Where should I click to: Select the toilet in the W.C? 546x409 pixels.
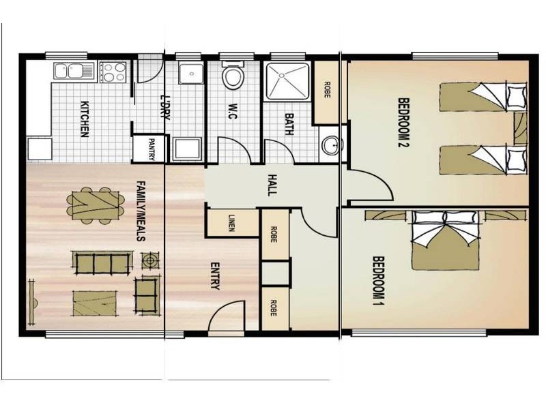point(233,76)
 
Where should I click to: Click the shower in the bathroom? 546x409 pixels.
point(287,83)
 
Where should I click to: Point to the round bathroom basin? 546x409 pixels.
point(331,145)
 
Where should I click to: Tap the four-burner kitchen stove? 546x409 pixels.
point(113,72)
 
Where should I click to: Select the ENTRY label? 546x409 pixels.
point(216,277)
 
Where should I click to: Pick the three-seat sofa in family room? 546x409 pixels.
point(102,262)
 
